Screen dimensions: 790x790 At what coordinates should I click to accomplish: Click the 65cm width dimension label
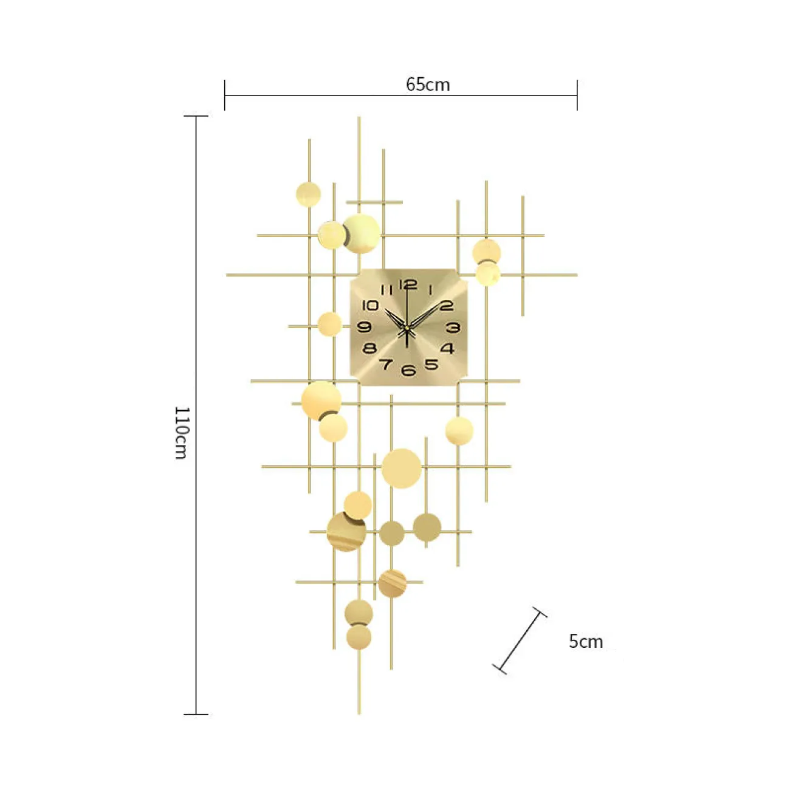click(x=428, y=84)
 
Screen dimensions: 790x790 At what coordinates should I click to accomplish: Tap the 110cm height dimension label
click(x=182, y=433)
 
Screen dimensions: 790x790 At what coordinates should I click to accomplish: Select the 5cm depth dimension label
click(x=586, y=642)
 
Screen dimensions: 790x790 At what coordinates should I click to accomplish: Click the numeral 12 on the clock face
click(x=408, y=284)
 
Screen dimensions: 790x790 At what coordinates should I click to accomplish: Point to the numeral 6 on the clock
click(x=408, y=370)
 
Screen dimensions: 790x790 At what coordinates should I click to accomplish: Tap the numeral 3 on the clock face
click(x=453, y=327)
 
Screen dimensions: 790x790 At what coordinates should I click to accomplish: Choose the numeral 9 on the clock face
click(x=364, y=327)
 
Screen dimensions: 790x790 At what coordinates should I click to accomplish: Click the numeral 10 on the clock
click(x=371, y=305)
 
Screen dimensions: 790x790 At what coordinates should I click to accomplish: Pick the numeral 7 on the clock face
click(x=386, y=364)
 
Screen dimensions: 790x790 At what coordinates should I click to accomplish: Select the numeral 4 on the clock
click(x=448, y=348)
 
